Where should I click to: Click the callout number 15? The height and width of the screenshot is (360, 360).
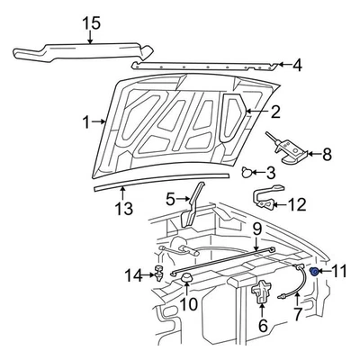(86, 22)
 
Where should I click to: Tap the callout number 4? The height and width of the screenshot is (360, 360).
(298, 65)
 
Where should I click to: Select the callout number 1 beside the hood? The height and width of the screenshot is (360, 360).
(86, 121)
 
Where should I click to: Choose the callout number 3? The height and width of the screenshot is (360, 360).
(270, 171)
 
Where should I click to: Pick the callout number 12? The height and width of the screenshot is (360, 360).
(297, 204)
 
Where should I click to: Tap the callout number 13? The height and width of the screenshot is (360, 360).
(123, 209)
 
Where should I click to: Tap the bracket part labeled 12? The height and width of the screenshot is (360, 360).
(265, 199)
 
